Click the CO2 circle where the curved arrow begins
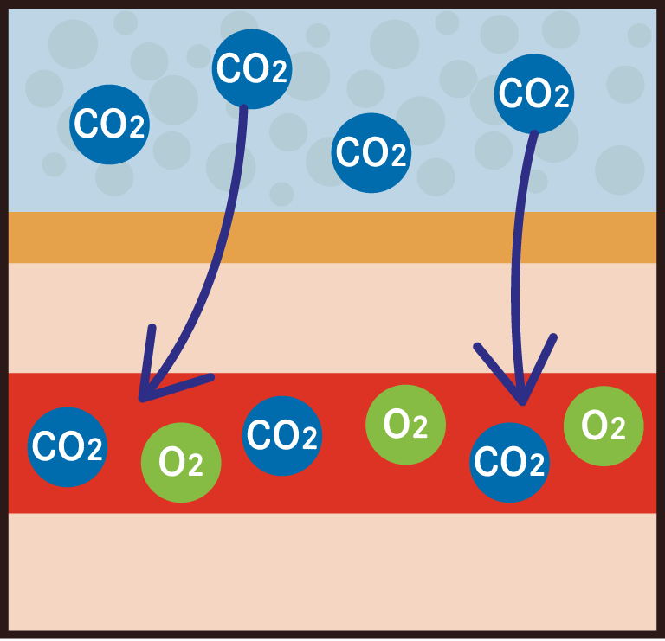(251, 69)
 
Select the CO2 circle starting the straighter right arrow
(535, 93)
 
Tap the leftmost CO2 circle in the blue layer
(109, 125)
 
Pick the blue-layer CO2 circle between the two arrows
(371, 153)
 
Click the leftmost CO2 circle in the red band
(68, 446)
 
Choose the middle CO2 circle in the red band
(282, 435)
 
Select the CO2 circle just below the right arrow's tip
(510, 463)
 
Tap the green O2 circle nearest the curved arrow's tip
(181, 463)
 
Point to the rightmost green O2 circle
(604, 425)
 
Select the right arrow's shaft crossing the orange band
(516, 238)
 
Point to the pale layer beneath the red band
(332, 571)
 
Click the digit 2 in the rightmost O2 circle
(618, 430)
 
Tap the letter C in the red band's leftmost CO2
(44, 447)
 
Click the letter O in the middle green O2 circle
(397, 424)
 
